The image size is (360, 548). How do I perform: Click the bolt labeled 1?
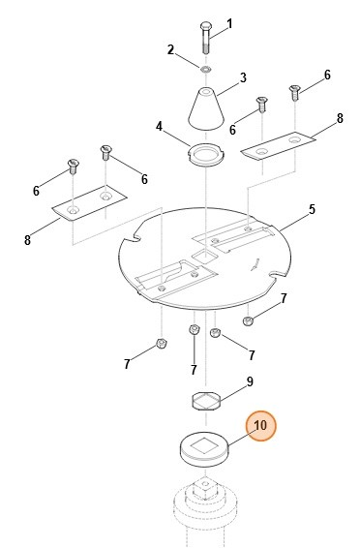(x=205, y=38)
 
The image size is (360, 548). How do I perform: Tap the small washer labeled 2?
(x=206, y=69)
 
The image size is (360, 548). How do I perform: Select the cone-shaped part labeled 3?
(x=206, y=109)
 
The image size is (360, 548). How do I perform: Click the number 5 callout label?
(x=312, y=209)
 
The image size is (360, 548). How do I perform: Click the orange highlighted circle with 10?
(x=260, y=426)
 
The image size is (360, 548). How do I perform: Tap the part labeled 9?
(x=207, y=401)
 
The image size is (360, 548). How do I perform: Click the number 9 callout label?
(x=250, y=381)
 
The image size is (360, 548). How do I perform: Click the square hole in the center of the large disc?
(x=205, y=257)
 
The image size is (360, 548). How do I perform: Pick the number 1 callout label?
(x=229, y=24)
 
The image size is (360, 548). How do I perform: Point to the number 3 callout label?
(x=243, y=77)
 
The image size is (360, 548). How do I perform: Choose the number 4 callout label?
(x=160, y=126)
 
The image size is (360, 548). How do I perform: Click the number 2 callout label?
(x=170, y=49)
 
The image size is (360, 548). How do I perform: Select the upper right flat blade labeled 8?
(x=279, y=147)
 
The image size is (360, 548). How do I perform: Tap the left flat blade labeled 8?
(x=89, y=203)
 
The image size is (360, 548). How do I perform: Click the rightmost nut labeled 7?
(x=247, y=320)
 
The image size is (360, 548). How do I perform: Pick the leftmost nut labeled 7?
(x=161, y=344)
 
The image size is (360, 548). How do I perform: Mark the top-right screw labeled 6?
(x=294, y=92)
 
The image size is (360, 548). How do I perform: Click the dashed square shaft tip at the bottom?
(x=205, y=488)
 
